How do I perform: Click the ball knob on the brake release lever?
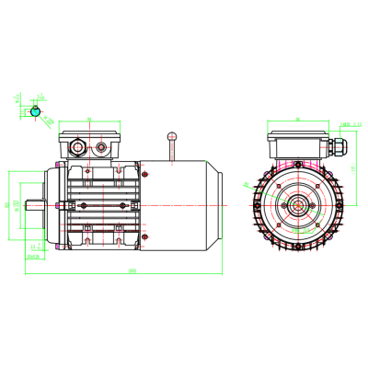[171, 137]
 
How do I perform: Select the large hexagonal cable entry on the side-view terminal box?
[76, 145]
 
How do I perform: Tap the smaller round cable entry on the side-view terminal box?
[98, 145]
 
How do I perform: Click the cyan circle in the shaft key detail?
[36, 110]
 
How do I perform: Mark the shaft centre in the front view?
[299, 204]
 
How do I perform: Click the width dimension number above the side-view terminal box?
[88, 119]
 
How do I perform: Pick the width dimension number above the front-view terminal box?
[299, 119]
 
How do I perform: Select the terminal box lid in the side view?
[89, 134]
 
